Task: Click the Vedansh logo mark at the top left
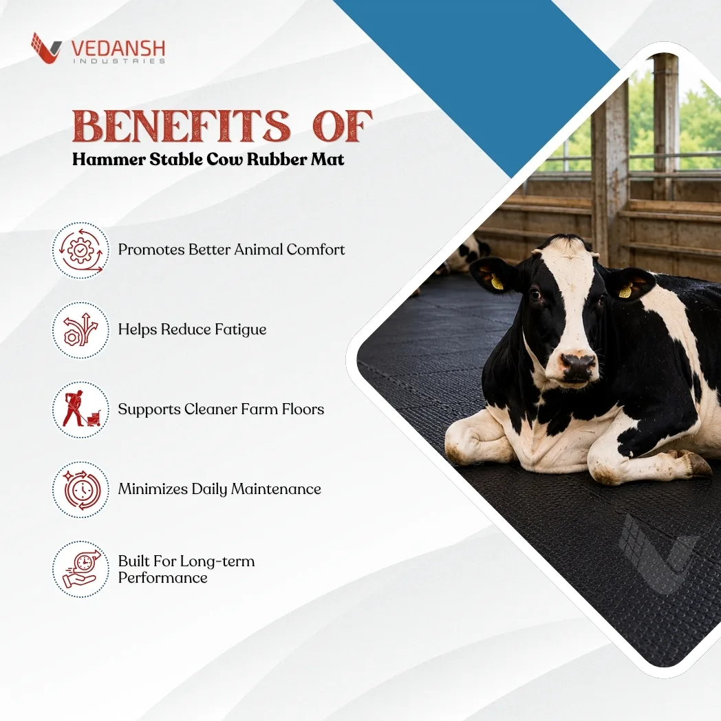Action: tap(46, 47)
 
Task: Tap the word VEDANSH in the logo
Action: tap(118, 48)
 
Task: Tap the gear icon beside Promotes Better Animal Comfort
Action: tap(80, 250)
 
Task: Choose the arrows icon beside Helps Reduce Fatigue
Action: tap(80, 330)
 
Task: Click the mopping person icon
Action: tap(81, 409)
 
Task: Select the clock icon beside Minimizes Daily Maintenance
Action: tap(81, 489)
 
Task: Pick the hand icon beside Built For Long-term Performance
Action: tap(81, 569)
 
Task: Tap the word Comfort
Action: tap(315, 249)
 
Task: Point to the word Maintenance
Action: tap(276, 488)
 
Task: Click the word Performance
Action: tap(163, 577)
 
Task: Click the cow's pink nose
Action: tap(577, 366)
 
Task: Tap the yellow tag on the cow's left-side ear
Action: tap(497, 282)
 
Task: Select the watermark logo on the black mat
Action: tap(658, 554)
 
